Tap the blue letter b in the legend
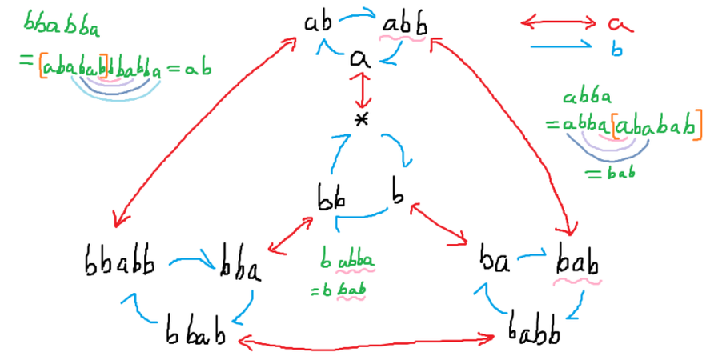click(x=616, y=50)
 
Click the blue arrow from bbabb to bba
click(x=191, y=260)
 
